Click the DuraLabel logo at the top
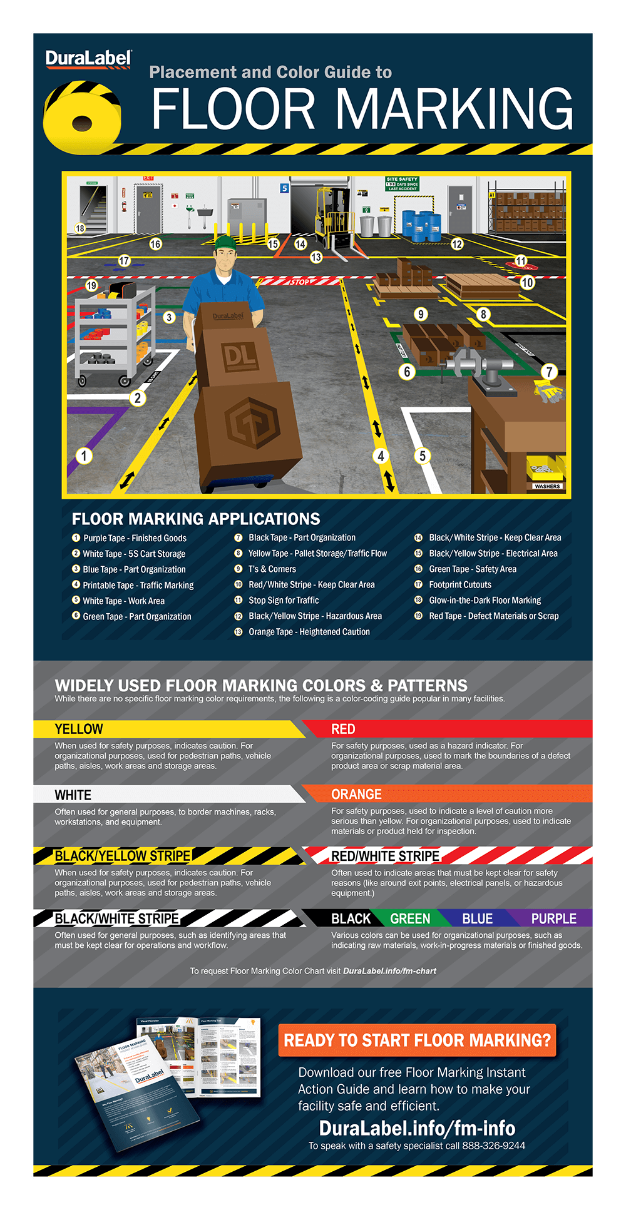pyautogui.click(x=88, y=59)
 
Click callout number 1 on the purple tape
pyautogui.click(x=84, y=455)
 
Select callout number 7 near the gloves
pyautogui.click(x=549, y=372)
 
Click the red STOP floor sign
pyautogui.click(x=299, y=282)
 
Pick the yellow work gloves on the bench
pyautogui.click(x=549, y=391)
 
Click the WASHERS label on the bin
pyautogui.click(x=547, y=486)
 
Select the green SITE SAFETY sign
pyautogui.click(x=402, y=183)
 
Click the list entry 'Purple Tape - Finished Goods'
pyautogui.click(x=135, y=538)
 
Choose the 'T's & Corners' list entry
pyautogui.click(x=272, y=569)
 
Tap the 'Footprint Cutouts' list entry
pyautogui.click(x=460, y=585)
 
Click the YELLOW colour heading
pyautogui.click(x=79, y=730)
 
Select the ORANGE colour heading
pyautogui.click(x=356, y=795)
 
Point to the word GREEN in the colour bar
pyautogui.click(x=410, y=918)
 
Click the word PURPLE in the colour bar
pyautogui.click(x=553, y=918)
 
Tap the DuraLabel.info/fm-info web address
pyautogui.click(x=417, y=1128)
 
